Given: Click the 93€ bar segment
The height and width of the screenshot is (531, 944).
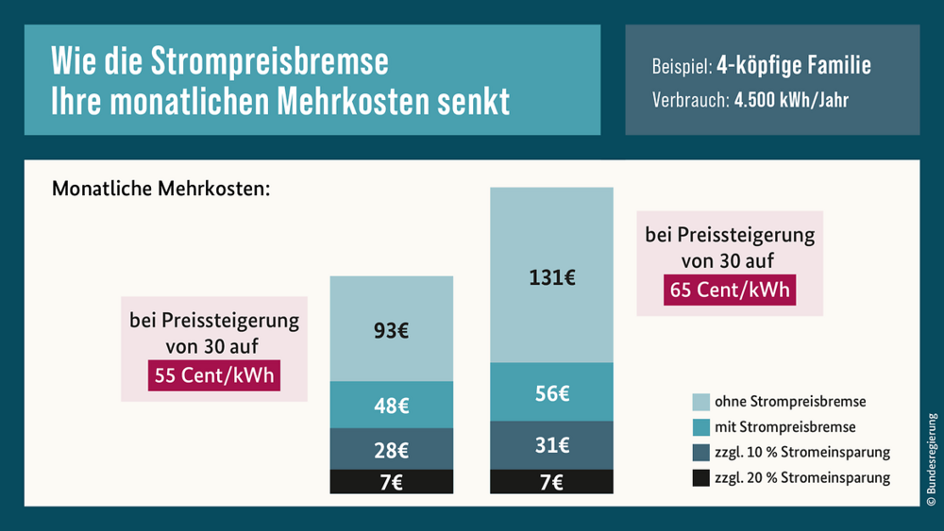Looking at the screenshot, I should click(x=391, y=330).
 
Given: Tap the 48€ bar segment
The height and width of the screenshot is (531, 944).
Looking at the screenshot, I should click(x=391, y=406).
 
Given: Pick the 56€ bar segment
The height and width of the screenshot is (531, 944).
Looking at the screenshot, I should click(x=551, y=393).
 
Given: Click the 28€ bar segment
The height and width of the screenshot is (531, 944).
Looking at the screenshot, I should click(x=391, y=449).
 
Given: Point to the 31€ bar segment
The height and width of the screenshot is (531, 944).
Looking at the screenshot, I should click(x=551, y=445).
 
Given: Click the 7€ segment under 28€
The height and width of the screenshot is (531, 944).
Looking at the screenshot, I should click(x=391, y=482).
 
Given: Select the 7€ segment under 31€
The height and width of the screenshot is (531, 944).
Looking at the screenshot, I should click(x=551, y=482).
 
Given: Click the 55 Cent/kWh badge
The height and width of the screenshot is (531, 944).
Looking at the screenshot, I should click(x=214, y=375).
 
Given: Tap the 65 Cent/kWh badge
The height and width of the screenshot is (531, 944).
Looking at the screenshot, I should click(x=730, y=290).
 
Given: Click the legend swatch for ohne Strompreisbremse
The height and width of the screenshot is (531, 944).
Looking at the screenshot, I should click(x=700, y=402).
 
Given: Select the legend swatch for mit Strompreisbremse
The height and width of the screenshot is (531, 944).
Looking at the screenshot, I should click(x=700, y=427).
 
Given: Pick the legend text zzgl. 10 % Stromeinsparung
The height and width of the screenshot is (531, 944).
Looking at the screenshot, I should click(x=801, y=453).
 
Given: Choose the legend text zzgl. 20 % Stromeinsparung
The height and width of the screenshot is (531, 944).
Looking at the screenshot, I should click(x=801, y=478).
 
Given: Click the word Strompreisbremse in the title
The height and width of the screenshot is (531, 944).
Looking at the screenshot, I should click(x=270, y=62).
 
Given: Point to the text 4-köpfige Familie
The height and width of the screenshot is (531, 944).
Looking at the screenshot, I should click(x=793, y=67).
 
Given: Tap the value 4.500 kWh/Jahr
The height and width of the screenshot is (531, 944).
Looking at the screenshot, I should click(x=790, y=100).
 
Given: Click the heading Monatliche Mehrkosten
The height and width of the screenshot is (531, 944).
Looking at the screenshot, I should click(x=160, y=189).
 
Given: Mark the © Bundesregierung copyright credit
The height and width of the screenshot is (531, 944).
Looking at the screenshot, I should click(x=931, y=463).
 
